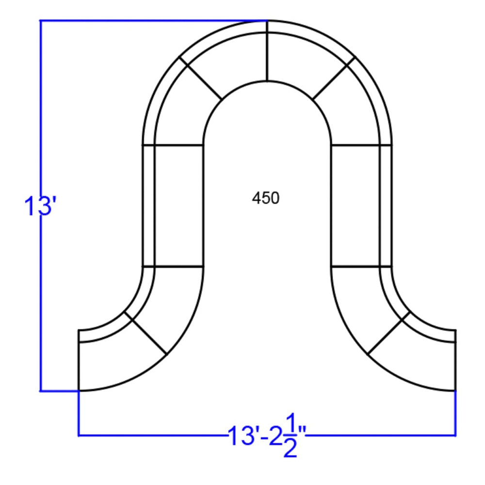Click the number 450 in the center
(266, 198)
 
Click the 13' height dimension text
(41, 206)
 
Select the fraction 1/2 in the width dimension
(290, 436)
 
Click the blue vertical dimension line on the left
(41, 206)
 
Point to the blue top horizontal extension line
(154, 21)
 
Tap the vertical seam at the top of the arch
(267, 51)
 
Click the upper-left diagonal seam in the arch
(201, 78)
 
